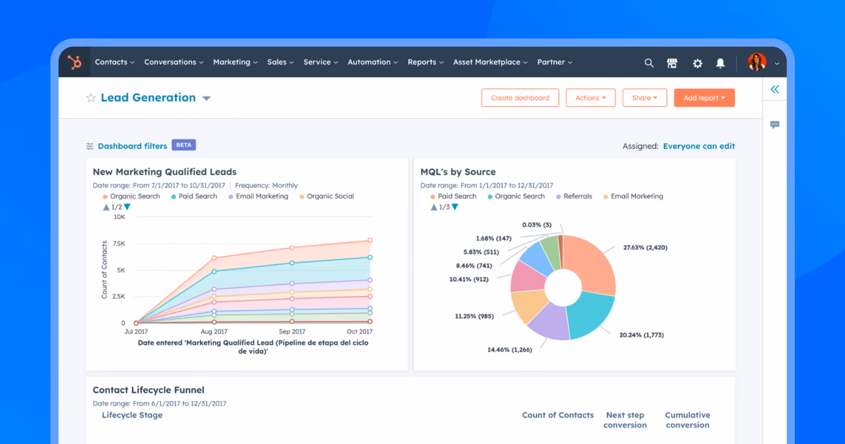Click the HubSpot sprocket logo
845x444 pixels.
(74, 62)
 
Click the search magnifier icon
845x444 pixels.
(649, 63)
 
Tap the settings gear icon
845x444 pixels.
(697, 63)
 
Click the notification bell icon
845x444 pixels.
(720, 63)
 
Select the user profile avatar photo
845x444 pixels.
(756, 62)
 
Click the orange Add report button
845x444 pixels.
(704, 98)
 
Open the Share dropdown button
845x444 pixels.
(644, 98)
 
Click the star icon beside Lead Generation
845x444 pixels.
(91, 98)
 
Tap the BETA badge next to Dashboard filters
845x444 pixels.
(183, 145)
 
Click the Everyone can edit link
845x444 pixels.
(699, 146)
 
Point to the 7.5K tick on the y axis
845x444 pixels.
(119, 243)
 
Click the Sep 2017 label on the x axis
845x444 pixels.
(292, 332)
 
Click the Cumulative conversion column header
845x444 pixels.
(687, 420)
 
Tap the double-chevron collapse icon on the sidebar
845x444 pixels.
(775, 89)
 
